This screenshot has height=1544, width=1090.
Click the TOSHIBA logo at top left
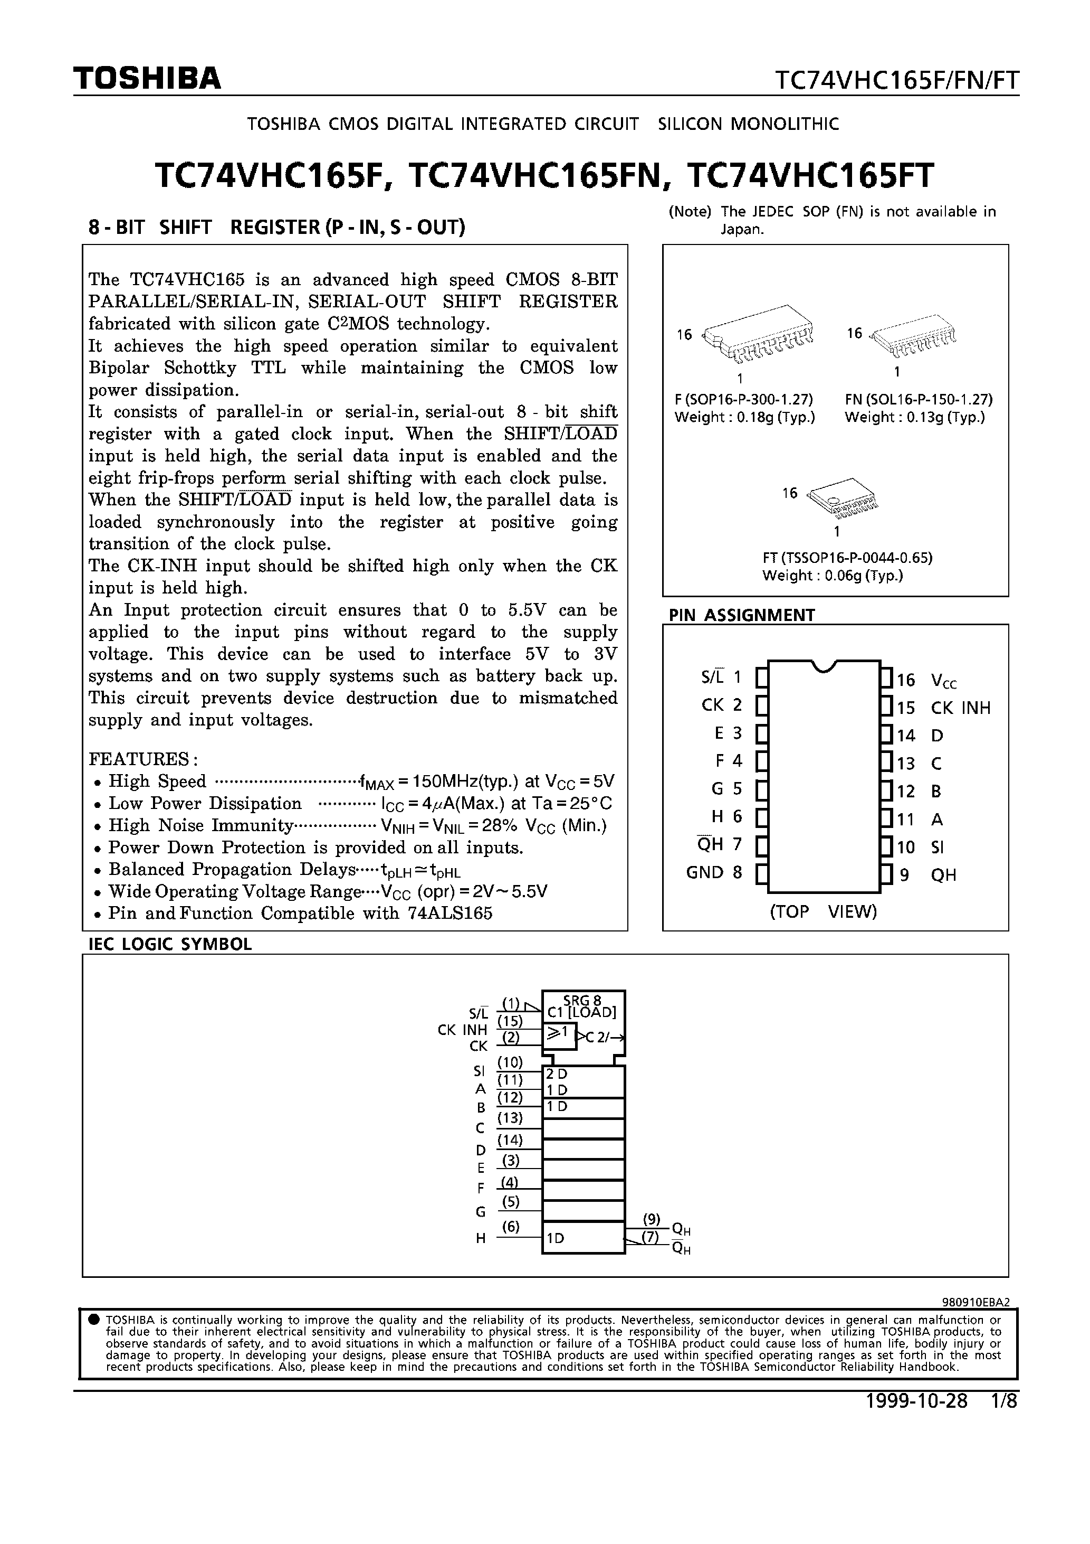[x=147, y=79]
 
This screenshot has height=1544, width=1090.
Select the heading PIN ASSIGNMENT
[x=741, y=615]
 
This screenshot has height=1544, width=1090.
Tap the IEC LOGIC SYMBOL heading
[x=170, y=944]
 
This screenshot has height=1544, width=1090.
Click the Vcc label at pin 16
[x=943, y=681]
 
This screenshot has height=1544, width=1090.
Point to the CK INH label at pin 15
[x=960, y=708]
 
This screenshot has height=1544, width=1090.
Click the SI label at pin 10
[x=938, y=848]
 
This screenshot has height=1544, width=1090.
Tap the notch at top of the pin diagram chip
[x=824, y=666]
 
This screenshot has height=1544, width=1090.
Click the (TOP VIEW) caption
[x=823, y=911]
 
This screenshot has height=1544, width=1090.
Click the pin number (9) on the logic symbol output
[x=651, y=1219]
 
